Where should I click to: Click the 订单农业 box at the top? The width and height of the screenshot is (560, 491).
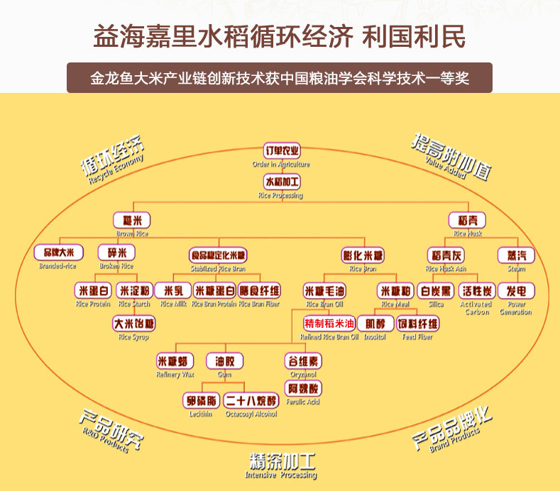282,151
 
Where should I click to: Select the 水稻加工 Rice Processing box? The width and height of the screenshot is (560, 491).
282,181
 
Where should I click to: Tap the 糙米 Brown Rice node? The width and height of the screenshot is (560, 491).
131,220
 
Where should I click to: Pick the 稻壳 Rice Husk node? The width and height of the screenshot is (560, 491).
467,220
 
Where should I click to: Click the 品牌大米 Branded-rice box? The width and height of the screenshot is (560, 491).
58,253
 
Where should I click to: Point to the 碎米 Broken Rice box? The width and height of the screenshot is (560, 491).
116,253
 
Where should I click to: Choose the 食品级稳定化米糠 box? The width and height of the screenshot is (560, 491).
218,254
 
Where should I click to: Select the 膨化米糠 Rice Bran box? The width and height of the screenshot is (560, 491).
363,254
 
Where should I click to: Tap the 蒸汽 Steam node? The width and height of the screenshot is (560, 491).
516,254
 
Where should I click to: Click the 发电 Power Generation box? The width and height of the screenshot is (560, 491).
516,290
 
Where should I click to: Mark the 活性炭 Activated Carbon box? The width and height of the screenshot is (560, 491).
477,290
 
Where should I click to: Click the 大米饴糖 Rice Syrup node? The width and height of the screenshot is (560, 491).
134,324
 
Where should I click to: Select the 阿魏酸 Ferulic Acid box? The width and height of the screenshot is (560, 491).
303,389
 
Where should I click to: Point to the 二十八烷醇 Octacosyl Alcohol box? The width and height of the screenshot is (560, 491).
251,400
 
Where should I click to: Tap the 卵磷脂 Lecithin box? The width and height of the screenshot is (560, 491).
200,400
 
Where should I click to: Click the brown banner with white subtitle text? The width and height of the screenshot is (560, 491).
280,78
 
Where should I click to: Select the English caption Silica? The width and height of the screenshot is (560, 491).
436,304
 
